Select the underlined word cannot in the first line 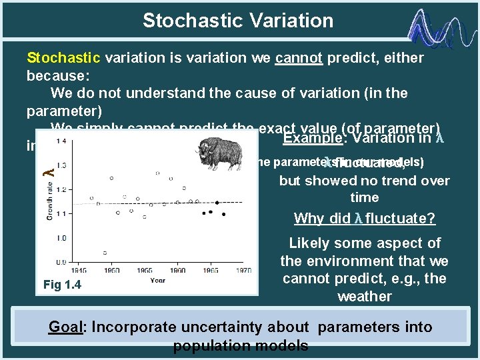click(x=298, y=58)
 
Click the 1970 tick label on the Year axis click(x=243, y=271)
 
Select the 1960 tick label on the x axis click(x=177, y=271)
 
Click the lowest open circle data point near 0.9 click(x=105, y=253)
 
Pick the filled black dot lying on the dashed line click(x=217, y=201)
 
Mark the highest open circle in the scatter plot click(x=158, y=173)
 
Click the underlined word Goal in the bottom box click(x=67, y=327)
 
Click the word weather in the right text click(x=364, y=296)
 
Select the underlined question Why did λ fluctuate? click(x=364, y=219)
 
